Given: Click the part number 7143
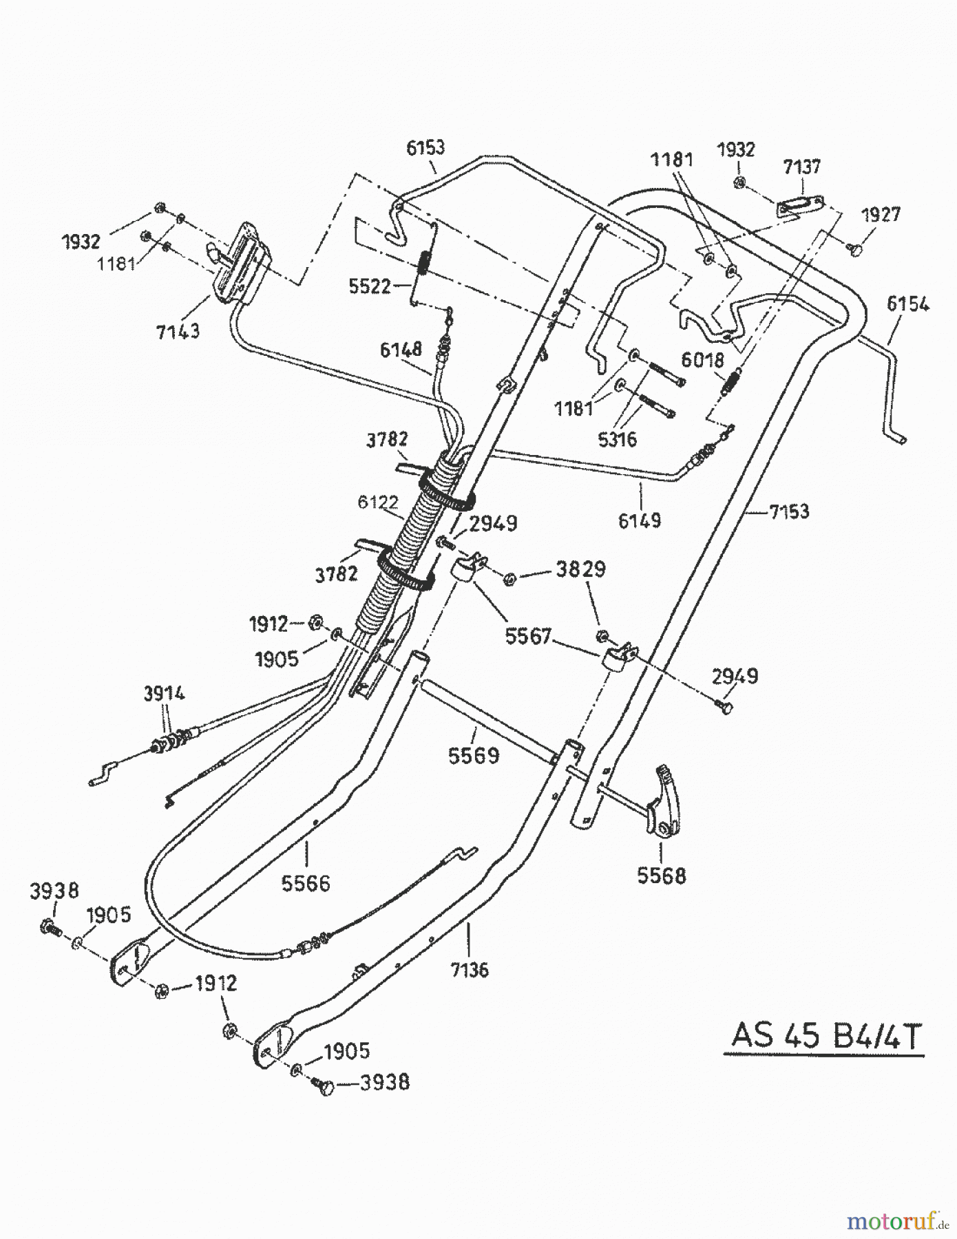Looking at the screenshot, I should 178,330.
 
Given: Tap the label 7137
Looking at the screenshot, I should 801,167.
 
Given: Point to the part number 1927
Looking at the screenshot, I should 881,215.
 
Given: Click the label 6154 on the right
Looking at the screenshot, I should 907,304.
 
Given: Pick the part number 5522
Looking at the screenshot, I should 370,286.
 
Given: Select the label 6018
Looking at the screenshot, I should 702,359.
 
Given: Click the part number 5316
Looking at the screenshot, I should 617,438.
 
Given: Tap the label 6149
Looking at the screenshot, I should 639,520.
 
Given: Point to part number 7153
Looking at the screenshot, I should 789,511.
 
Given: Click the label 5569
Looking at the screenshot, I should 473,756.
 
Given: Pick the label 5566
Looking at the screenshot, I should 306,882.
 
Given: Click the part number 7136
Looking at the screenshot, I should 470,969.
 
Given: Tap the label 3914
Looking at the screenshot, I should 164,693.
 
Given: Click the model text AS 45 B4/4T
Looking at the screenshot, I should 825,1035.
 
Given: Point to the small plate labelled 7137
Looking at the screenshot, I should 801,206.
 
